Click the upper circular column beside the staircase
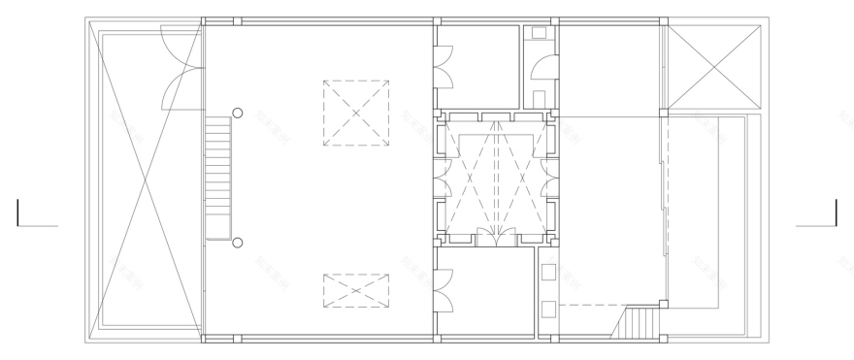pos(237,113)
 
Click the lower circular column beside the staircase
pos(237,242)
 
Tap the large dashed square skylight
pos(355,113)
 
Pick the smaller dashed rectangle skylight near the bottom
pos(355,290)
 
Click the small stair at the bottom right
pos(640,321)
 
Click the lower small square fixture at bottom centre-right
pos(548,310)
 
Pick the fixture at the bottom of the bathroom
pos(540,98)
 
